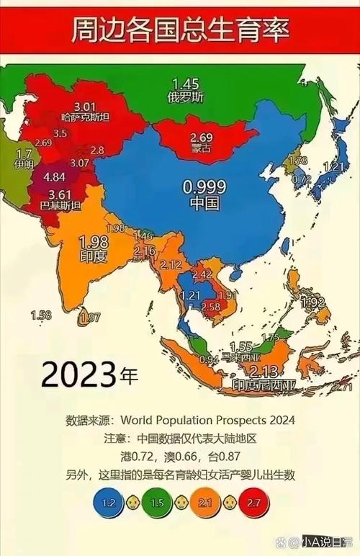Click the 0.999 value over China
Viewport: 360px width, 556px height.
click(204, 187)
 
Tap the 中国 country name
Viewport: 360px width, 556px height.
click(204, 203)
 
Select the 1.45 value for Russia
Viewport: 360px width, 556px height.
click(185, 84)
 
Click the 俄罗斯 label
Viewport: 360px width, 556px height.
click(185, 97)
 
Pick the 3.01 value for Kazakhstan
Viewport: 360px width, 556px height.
click(84, 105)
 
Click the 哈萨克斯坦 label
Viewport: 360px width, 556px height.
click(84, 116)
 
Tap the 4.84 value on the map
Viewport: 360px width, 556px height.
click(55, 177)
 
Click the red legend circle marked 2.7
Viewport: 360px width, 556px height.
click(252, 501)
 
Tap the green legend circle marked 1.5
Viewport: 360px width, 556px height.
click(157, 501)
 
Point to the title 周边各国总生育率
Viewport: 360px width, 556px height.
click(180, 31)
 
